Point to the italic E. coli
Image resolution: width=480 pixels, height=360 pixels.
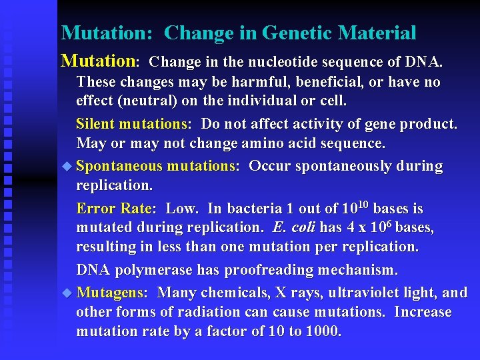294,227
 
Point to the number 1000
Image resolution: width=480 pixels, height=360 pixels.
321,331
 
